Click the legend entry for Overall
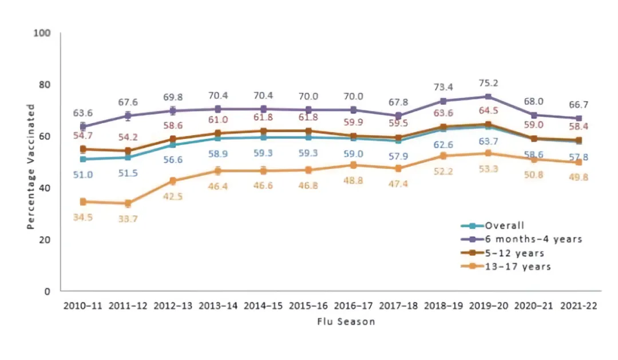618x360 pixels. (x=504, y=226)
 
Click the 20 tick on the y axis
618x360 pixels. (x=46, y=240)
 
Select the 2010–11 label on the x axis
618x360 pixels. (x=83, y=306)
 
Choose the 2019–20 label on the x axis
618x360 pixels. (x=488, y=306)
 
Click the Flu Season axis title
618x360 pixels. (x=346, y=322)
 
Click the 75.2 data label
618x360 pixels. (x=488, y=82)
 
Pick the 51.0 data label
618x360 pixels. (x=83, y=175)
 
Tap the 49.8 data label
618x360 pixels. (x=579, y=177)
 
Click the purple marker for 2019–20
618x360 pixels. (x=488, y=97)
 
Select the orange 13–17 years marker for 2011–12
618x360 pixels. (x=128, y=203)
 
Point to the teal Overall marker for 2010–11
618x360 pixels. (x=83, y=159)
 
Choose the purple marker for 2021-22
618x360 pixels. (x=579, y=118)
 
